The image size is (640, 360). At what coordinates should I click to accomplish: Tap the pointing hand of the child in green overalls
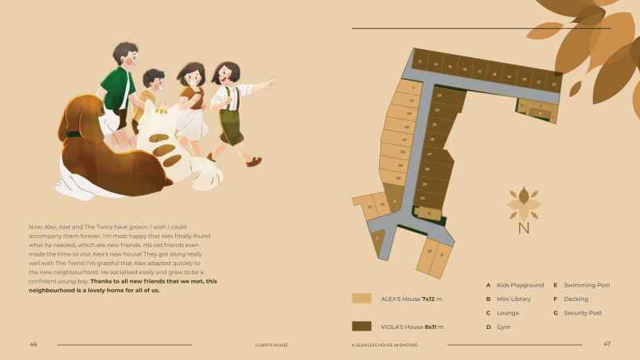coord(270,81)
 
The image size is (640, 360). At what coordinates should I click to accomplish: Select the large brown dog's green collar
coord(72,135)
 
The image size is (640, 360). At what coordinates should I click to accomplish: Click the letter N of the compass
coord(523,229)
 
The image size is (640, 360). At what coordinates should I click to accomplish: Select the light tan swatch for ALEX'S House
coord(361,299)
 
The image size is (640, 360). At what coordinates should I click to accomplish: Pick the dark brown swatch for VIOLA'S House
coord(361,327)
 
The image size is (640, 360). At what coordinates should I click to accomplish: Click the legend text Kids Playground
coord(520,285)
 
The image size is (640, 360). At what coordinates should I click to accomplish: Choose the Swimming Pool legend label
coord(587,285)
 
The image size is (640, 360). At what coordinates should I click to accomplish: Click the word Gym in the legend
coord(504,327)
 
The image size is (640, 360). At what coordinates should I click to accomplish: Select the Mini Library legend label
coord(513,299)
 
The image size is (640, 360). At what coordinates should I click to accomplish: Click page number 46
coord(33,345)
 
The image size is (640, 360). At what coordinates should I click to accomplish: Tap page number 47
coord(607,345)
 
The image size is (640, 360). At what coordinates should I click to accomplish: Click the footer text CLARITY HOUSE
coord(271,345)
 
